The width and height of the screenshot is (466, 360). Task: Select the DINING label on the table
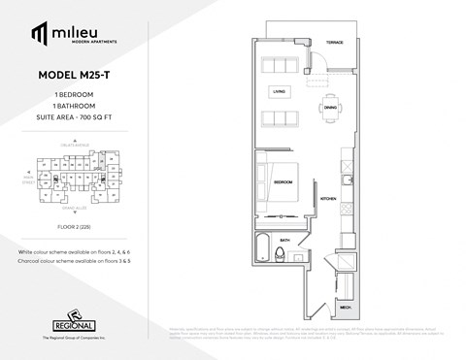coord(330,106)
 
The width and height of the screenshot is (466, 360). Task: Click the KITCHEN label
coord(327,197)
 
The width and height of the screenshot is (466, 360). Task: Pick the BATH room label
coord(284,239)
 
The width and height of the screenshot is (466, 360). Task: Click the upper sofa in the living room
coord(280,65)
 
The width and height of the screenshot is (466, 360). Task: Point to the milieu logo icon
coord(39,35)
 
